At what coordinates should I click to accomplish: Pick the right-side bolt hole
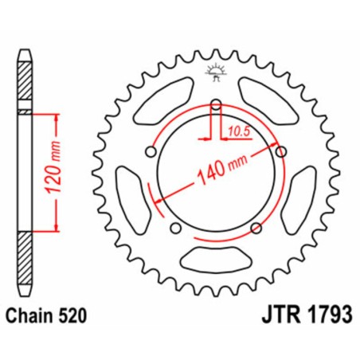(280, 151)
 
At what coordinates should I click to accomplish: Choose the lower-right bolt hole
(256, 229)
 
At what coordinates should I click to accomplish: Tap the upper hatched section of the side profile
(25, 84)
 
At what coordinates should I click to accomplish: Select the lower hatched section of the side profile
(25, 259)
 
